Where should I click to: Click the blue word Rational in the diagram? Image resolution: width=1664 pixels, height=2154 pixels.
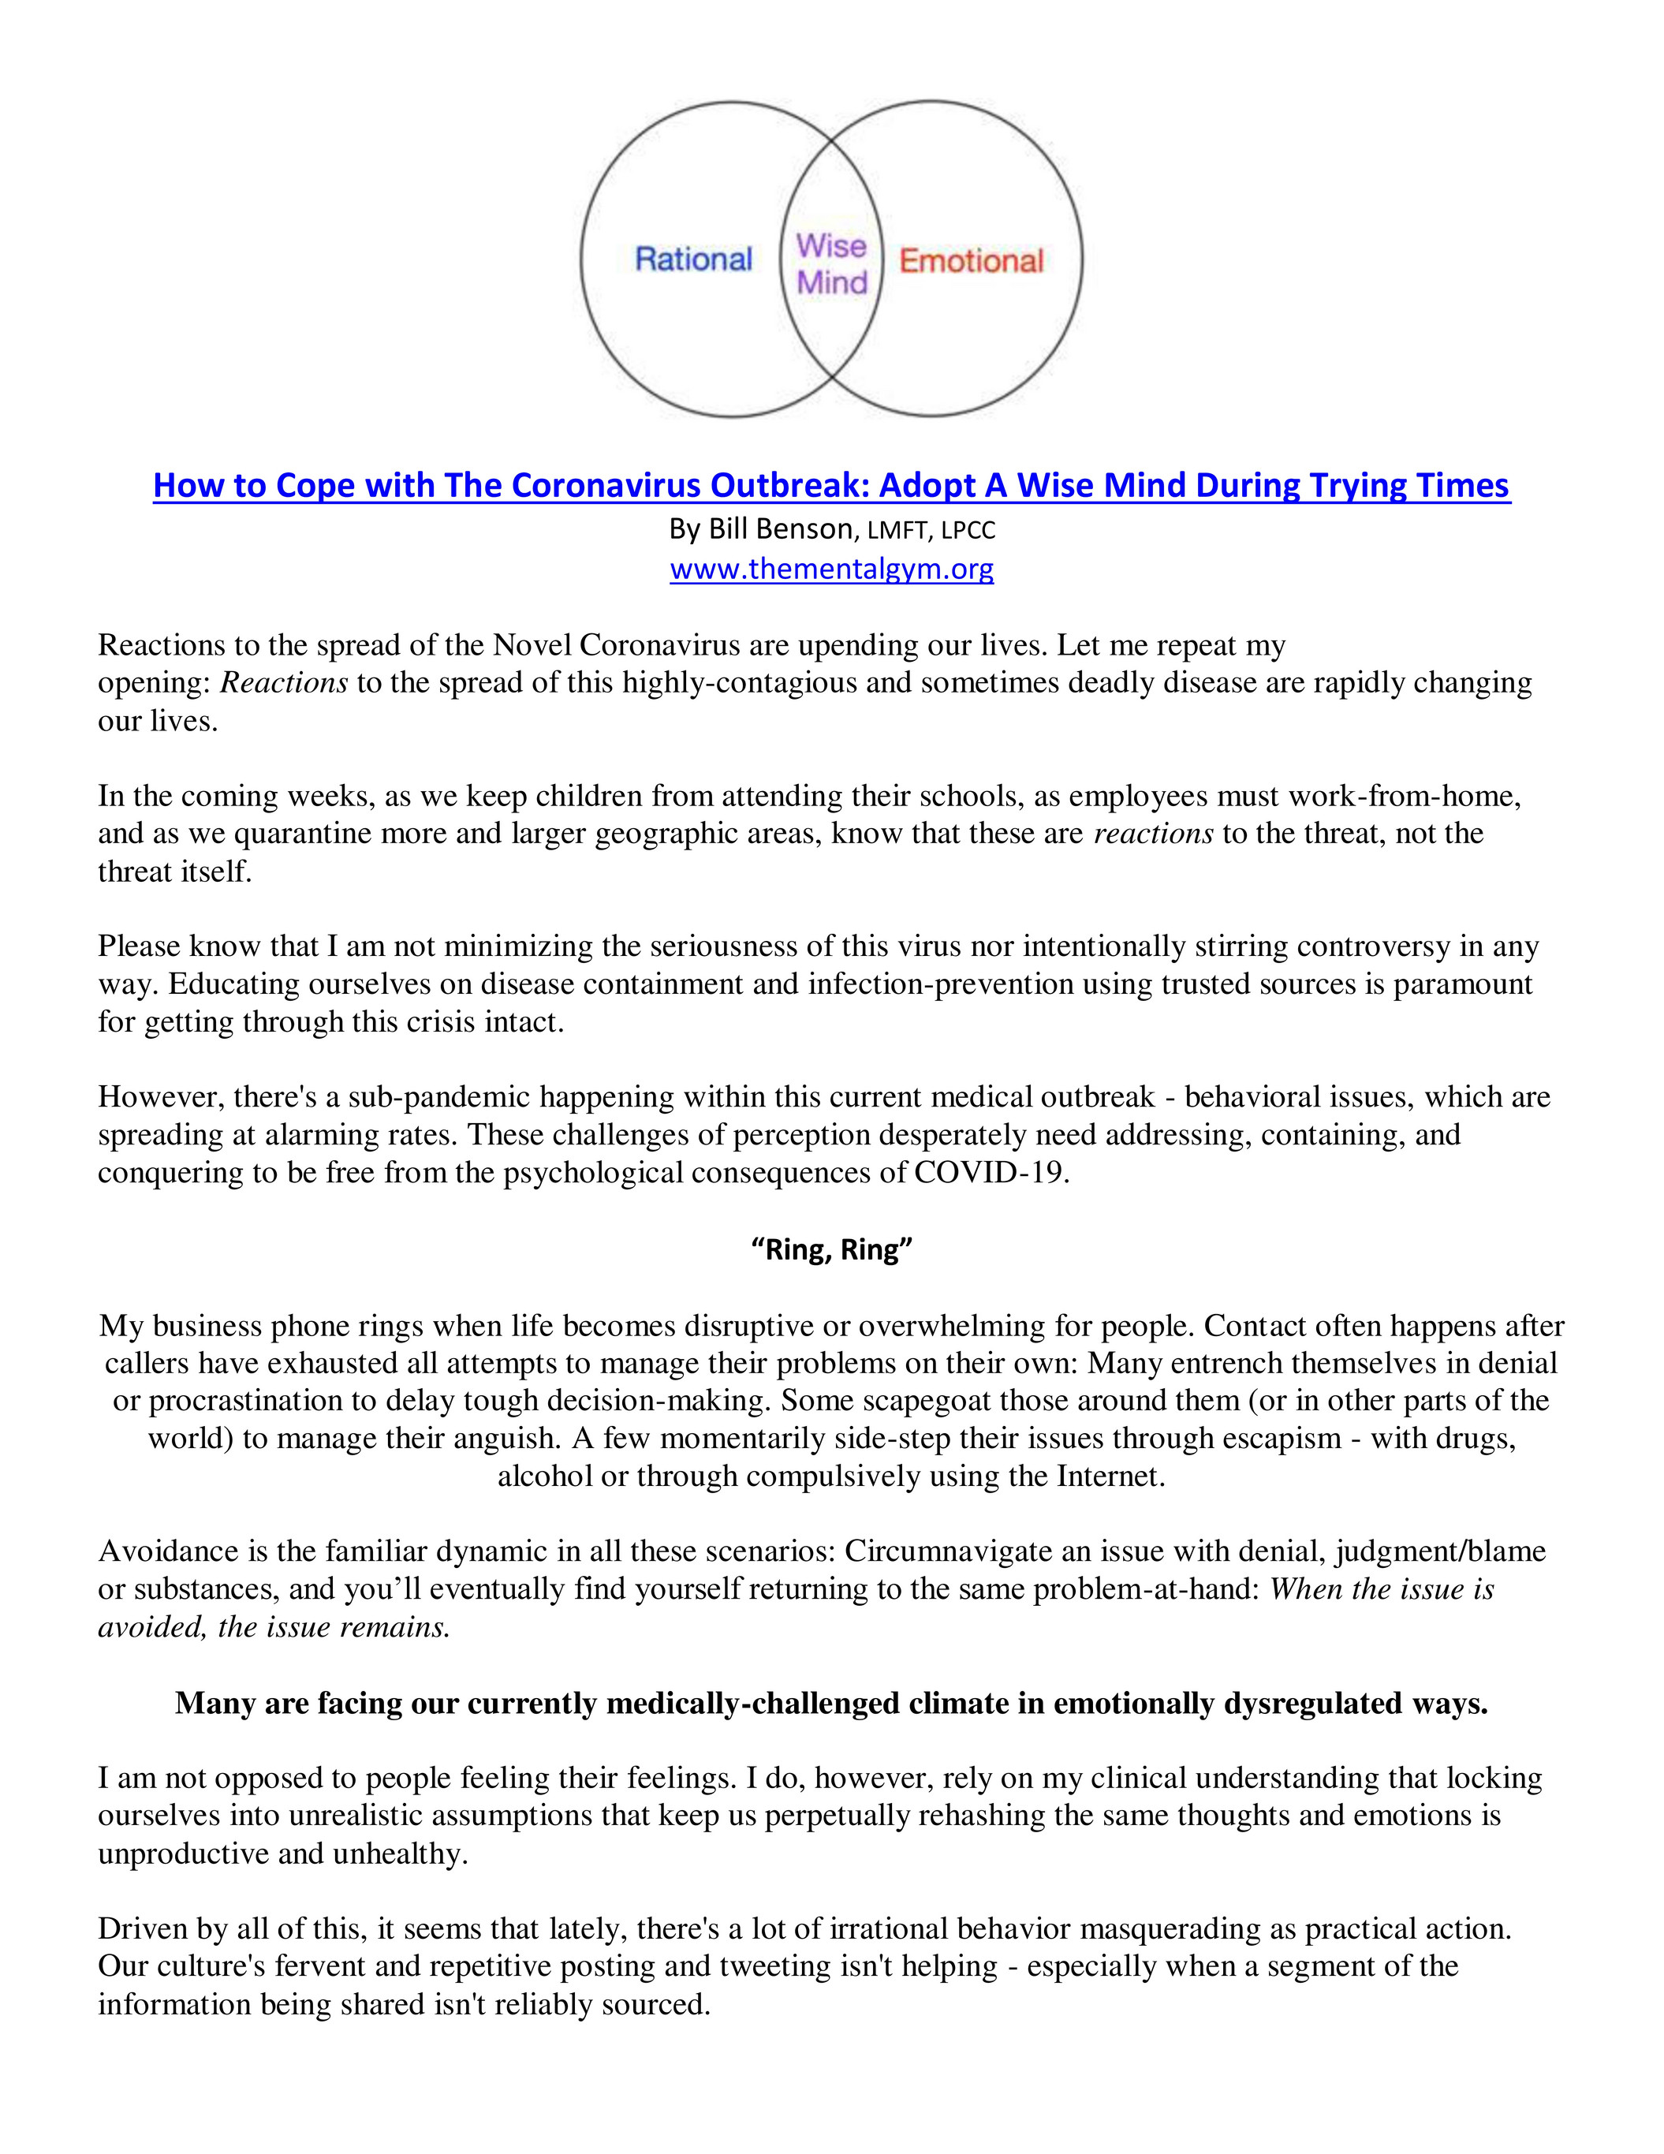coord(693,259)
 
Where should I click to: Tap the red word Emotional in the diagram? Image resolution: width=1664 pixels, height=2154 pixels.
coord(971,261)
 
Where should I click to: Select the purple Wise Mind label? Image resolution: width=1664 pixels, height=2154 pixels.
coord(831,263)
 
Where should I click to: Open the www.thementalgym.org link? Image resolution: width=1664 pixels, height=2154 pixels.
coord(831,569)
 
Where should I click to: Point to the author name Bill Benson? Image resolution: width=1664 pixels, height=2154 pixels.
coord(780,529)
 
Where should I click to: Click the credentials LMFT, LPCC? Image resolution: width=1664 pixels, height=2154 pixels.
coord(931,531)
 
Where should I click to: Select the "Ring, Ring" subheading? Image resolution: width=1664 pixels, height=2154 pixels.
coord(831,1249)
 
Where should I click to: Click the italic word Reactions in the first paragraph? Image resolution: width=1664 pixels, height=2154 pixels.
coord(284,682)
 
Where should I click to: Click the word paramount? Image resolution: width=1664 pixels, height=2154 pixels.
coord(1463,984)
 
